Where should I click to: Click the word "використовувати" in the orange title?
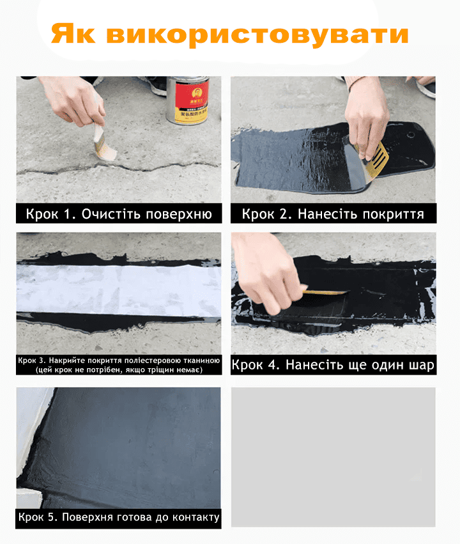tap(257, 35)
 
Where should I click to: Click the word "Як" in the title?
tap(73, 33)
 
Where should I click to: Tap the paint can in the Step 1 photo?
tap(188, 100)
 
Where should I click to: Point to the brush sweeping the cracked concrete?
tap(103, 144)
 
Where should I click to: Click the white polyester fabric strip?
tap(119, 290)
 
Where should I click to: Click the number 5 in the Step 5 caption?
tap(52, 517)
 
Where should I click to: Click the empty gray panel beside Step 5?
tap(333, 457)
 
